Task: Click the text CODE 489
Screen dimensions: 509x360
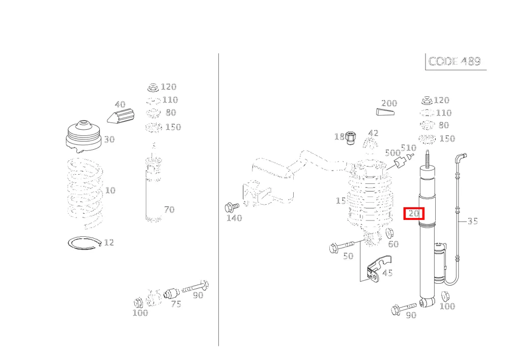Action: tap(455, 61)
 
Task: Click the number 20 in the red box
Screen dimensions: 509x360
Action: tap(414, 213)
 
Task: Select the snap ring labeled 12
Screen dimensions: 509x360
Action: tap(84, 243)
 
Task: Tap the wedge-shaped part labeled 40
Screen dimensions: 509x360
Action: tap(121, 116)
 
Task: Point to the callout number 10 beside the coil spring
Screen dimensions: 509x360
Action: tap(110, 190)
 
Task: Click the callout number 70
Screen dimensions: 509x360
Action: tap(169, 209)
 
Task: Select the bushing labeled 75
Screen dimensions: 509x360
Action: tap(171, 293)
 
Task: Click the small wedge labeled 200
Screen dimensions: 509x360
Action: tap(385, 112)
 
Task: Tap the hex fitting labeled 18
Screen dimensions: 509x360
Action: tap(350, 138)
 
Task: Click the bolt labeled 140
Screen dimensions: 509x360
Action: tap(232, 207)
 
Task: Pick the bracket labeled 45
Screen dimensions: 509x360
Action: tap(379, 268)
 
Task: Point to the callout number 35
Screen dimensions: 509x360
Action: tap(473, 221)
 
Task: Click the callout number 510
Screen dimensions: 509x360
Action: tap(408, 148)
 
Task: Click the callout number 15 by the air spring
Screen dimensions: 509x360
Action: tap(341, 201)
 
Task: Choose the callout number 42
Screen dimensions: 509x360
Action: tap(373, 133)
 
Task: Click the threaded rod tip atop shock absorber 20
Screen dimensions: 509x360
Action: tap(428, 151)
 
